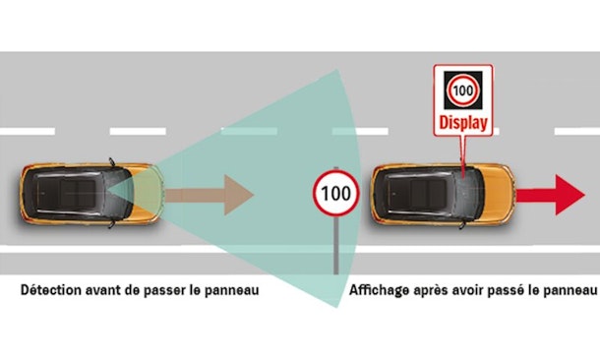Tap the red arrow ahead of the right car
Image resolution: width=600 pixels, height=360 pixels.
557,194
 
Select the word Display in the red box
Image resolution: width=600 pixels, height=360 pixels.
460,125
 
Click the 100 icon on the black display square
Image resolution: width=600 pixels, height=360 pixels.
460,90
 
